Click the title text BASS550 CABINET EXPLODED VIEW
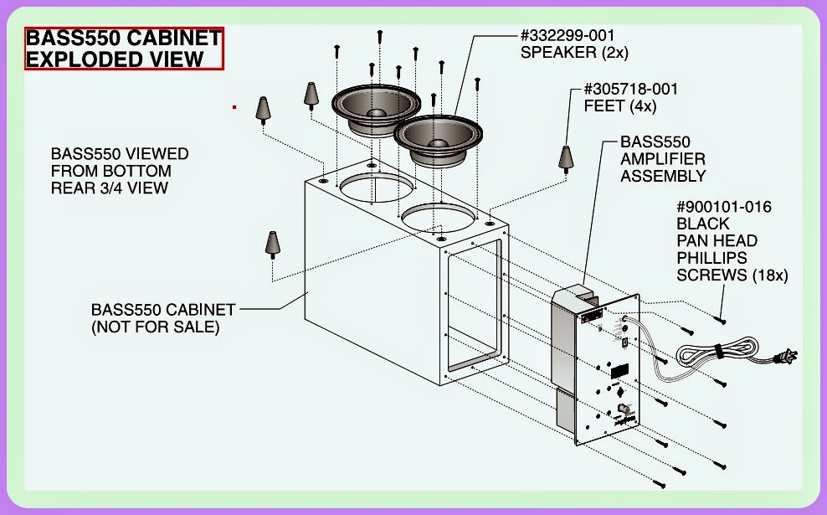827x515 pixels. (x=124, y=49)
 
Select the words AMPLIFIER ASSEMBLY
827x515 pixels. (x=663, y=167)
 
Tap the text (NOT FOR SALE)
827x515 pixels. (x=155, y=327)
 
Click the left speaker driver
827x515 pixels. (x=374, y=109)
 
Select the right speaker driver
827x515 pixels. (x=438, y=136)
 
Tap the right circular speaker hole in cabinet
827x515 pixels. (x=434, y=219)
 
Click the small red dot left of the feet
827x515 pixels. (x=234, y=107)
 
